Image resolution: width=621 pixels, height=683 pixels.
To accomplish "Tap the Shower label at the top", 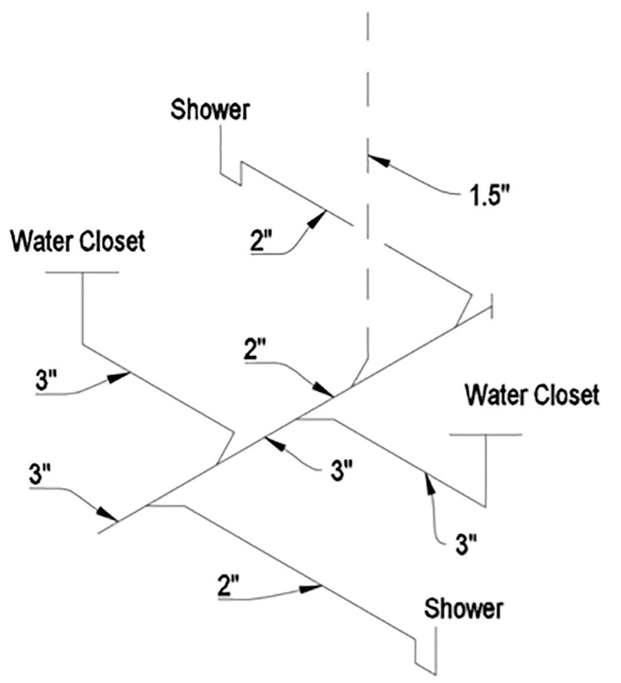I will (x=211, y=109).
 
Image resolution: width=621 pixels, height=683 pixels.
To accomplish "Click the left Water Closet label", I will (x=79, y=241).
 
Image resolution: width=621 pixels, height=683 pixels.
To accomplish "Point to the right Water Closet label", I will (x=532, y=394).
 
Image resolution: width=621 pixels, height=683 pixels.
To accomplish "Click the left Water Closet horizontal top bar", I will (x=83, y=273).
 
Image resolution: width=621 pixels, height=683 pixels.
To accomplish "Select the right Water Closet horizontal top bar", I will (x=486, y=435).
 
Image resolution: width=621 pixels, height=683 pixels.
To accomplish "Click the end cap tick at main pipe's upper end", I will (x=491, y=306).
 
